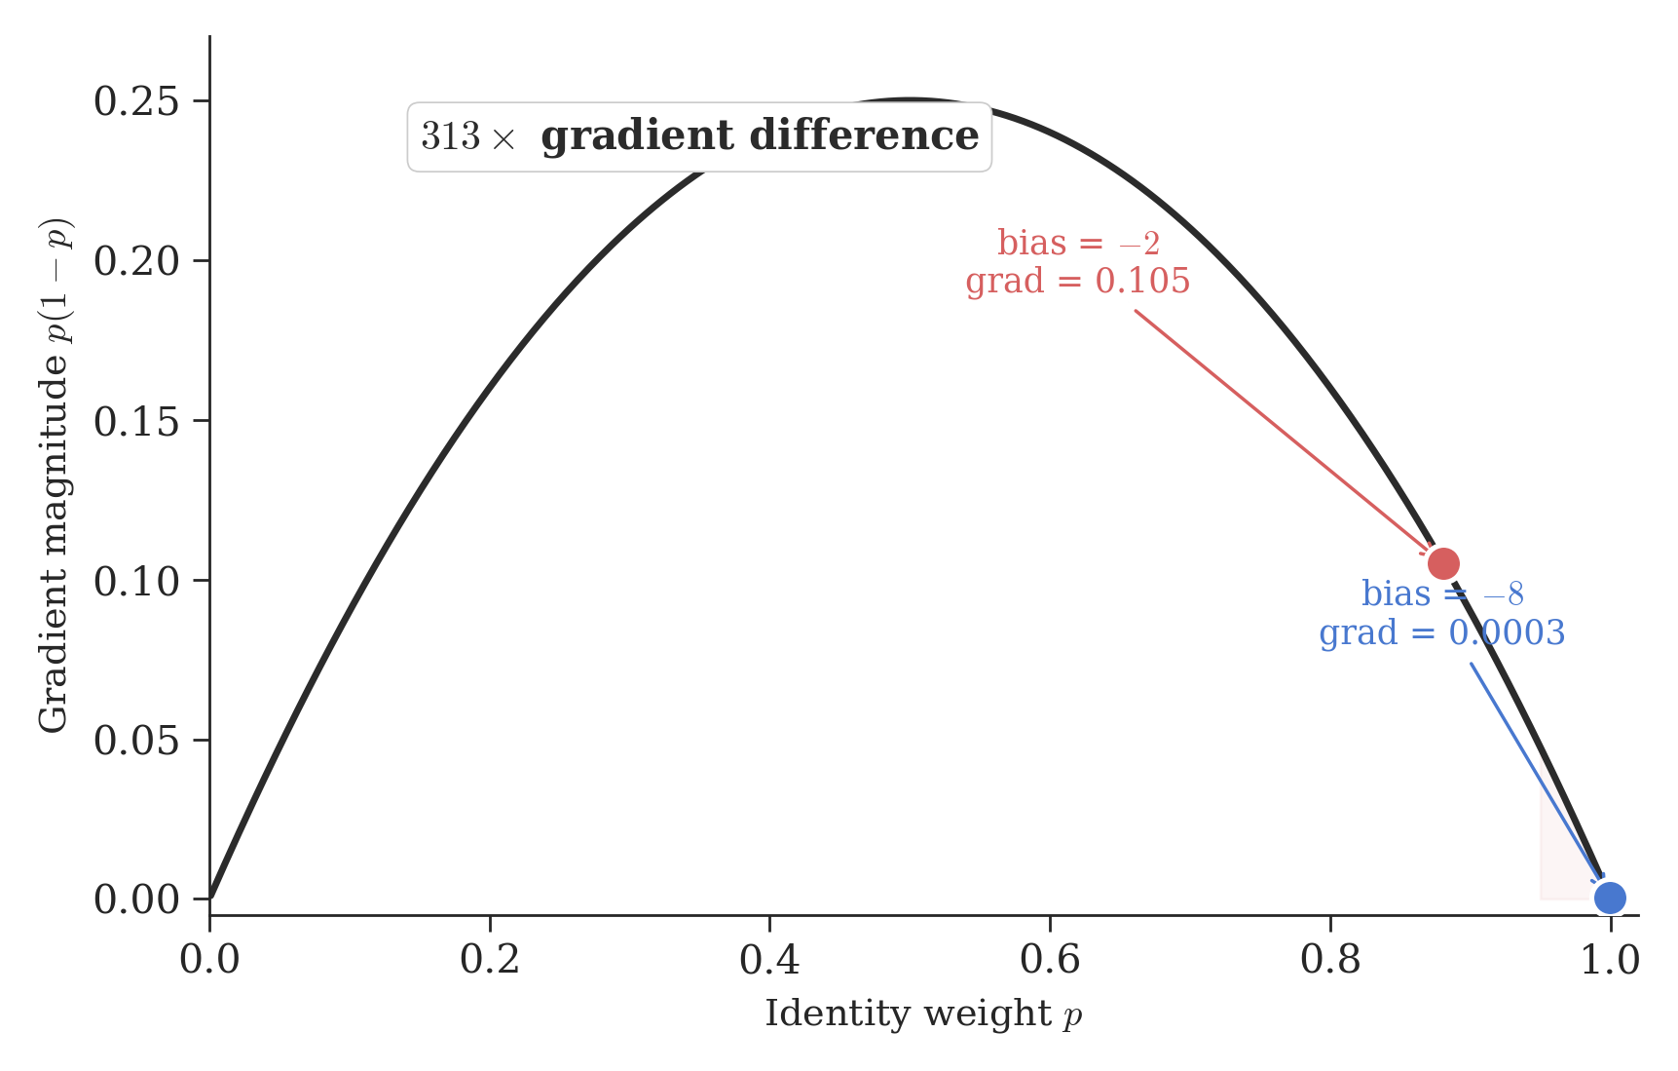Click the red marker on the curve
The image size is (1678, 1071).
coord(1442,563)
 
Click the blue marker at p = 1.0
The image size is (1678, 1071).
coord(1609,898)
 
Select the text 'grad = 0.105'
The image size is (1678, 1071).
coord(1077,282)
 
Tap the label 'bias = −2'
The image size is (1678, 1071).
coord(1078,243)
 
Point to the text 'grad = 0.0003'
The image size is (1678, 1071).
coord(1441,633)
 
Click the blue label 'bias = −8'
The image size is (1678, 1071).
coord(1441,593)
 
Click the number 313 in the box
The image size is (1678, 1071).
coord(451,137)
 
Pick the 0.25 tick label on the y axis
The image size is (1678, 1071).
coord(136,101)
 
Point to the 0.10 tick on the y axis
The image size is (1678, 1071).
coord(136,581)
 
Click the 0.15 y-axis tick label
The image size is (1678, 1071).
coord(136,421)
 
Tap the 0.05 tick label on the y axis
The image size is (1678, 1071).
coord(136,741)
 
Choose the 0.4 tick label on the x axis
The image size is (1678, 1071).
coord(769,961)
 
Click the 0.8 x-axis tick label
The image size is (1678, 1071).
coord(1330,961)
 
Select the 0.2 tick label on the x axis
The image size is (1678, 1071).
coord(490,961)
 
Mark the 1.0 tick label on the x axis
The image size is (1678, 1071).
coord(1610,961)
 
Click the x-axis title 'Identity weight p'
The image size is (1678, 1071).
coord(923,1014)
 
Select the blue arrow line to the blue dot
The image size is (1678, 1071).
coord(1534,770)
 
